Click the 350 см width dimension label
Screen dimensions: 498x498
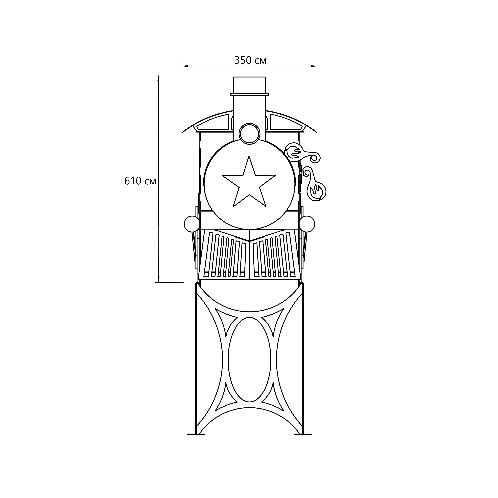click(x=250, y=60)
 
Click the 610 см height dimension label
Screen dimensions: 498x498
click(x=140, y=181)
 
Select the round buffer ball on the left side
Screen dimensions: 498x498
click(x=192, y=224)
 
